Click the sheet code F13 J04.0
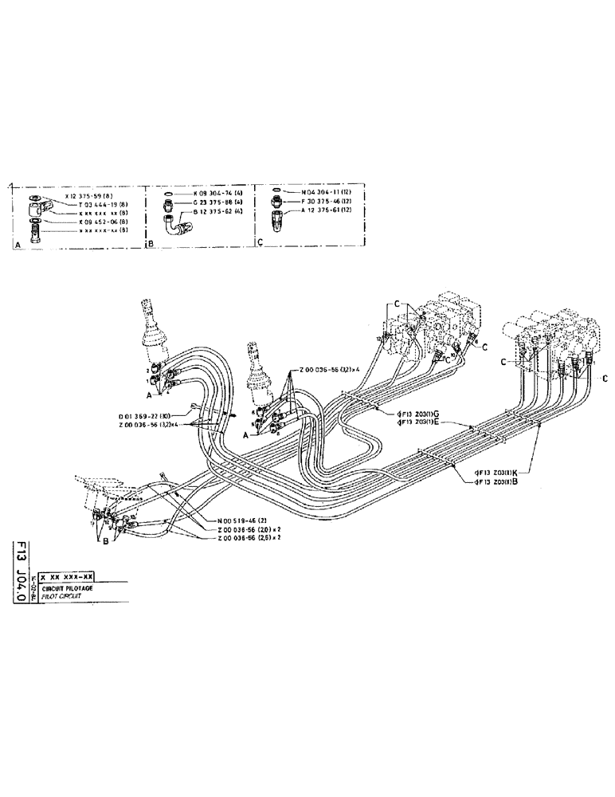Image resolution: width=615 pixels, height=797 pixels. pos(21,570)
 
